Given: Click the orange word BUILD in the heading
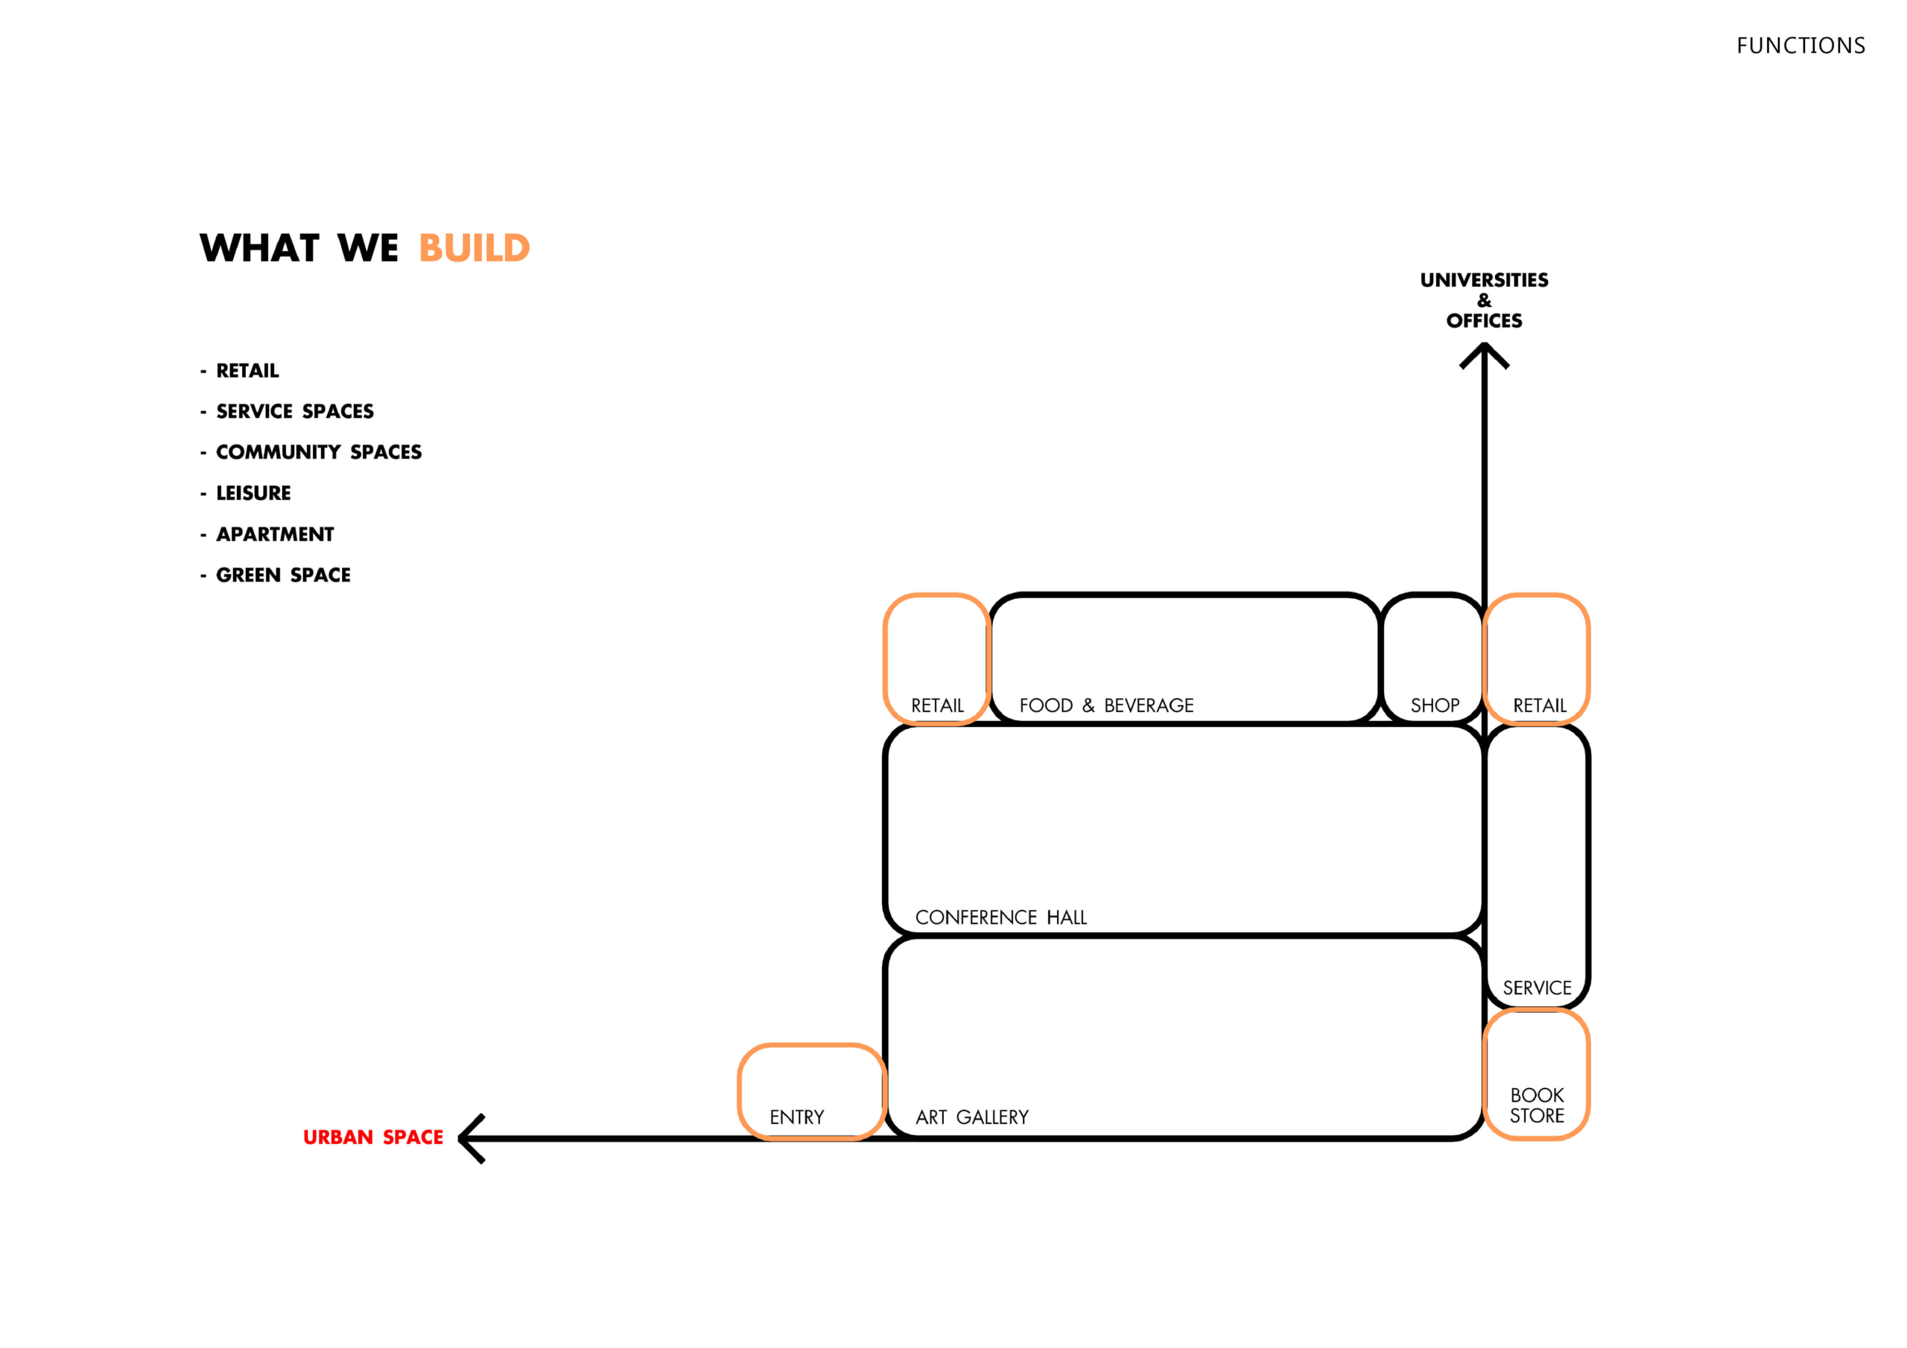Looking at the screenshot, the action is click(x=475, y=247).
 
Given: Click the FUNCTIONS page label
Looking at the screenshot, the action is click(x=1800, y=45).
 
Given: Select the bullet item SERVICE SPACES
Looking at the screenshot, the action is click(x=295, y=411).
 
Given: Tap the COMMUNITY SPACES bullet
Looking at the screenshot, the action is click(x=319, y=452).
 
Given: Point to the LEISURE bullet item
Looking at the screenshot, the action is click(x=253, y=493).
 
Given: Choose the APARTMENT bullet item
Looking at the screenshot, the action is click(x=275, y=534).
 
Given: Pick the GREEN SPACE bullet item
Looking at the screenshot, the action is click(x=283, y=575).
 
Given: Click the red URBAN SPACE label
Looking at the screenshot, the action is click(x=373, y=1137).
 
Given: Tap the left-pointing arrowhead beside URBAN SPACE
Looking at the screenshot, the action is click(x=470, y=1139).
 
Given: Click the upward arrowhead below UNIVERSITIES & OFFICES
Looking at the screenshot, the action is click(x=1484, y=355).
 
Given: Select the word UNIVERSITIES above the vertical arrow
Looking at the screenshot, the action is click(x=1484, y=280).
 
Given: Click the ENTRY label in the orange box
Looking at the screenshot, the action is click(x=796, y=1117).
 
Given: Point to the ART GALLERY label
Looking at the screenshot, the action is click(x=972, y=1117).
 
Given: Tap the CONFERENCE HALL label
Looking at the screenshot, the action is click(x=1001, y=917).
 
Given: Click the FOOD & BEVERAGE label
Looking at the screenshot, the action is click(x=1106, y=705).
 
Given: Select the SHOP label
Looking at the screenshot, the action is click(x=1435, y=705).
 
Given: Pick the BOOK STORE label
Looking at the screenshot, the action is click(x=1537, y=1105).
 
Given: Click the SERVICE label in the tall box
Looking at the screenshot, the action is click(x=1537, y=988).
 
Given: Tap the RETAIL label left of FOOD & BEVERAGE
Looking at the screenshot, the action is click(x=937, y=705).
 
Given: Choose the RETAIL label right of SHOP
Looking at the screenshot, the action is click(x=1539, y=705).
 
